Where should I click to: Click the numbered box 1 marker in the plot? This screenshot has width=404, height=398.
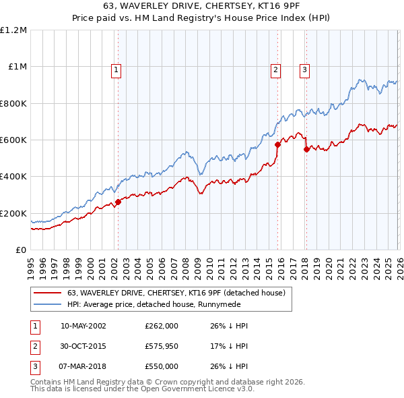click(x=116, y=69)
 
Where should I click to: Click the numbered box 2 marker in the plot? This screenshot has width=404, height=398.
click(x=275, y=69)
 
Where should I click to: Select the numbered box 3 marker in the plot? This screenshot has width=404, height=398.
click(x=304, y=69)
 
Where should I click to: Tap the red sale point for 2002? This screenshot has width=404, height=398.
click(x=118, y=202)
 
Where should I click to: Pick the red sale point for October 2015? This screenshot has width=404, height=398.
click(x=277, y=144)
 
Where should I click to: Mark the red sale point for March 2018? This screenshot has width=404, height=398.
click(x=306, y=149)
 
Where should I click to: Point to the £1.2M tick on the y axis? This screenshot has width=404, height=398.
click(x=13, y=30)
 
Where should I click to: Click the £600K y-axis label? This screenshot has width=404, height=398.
click(x=13, y=140)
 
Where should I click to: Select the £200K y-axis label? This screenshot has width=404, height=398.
click(x=13, y=213)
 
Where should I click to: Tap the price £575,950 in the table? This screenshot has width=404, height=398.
click(x=162, y=346)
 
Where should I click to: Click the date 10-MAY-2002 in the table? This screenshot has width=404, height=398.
click(x=83, y=326)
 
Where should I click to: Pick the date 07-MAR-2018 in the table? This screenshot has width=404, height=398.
click(x=83, y=366)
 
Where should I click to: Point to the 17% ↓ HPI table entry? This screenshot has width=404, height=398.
click(x=229, y=346)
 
